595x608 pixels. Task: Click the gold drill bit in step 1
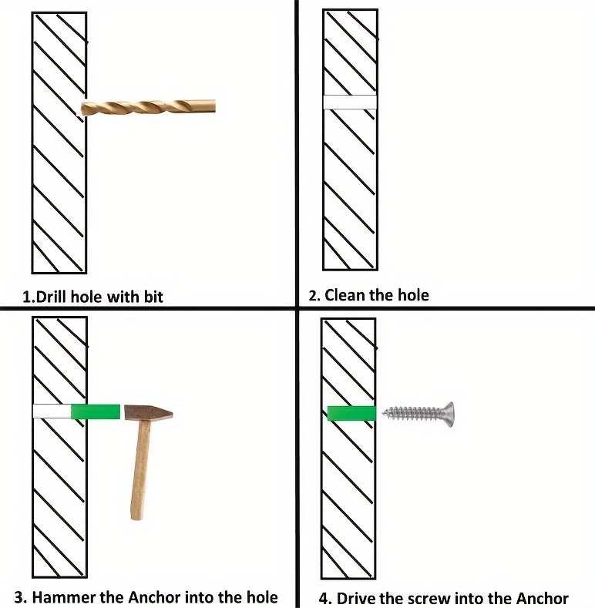[x=148, y=106]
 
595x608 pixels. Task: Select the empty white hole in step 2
[x=350, y=102]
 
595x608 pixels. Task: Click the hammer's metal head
[x=149, y=413]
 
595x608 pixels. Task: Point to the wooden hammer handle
[x=140, y=470]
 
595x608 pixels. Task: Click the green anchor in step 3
[x=95, y=411]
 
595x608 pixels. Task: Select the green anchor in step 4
[x=351, y=413]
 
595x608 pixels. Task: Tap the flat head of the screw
[x=449, y=414]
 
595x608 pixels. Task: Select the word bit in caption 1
[x=153, y=297]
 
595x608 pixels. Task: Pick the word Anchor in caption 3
[x=154, y=597]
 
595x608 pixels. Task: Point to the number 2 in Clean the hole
[x=313, y=296]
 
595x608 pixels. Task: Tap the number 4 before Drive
[x=323, y=599]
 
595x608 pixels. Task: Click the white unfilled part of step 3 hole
[x=52, y=411]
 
